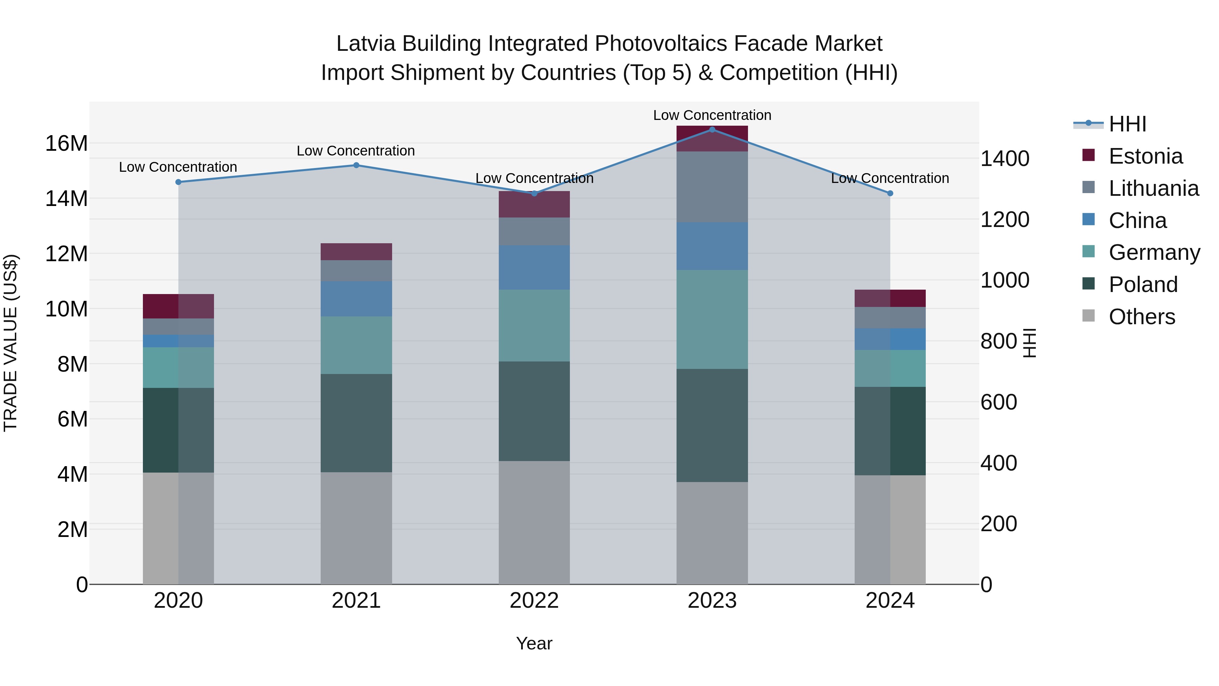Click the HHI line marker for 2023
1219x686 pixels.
[x=712, y=130]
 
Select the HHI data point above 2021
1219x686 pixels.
[x=356, y=165]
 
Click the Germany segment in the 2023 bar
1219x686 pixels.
[x=712, y=319]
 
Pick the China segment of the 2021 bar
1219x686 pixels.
[x=356, y=299]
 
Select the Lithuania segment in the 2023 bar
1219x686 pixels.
[x=712, y=187]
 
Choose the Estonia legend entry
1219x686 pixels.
[x=1145, y=156]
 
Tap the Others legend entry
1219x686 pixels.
[x=1141, y=317]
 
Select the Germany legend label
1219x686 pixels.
[x=1154, y=252]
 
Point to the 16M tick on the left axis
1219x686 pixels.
[x=66, y=143]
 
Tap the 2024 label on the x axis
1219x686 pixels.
[x=890, y=601]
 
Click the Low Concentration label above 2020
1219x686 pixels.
[x=178, y=167]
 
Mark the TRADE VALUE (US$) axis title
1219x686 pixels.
[x=10, y=343]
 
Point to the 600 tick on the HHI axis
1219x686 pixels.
[x=999, y=402]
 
